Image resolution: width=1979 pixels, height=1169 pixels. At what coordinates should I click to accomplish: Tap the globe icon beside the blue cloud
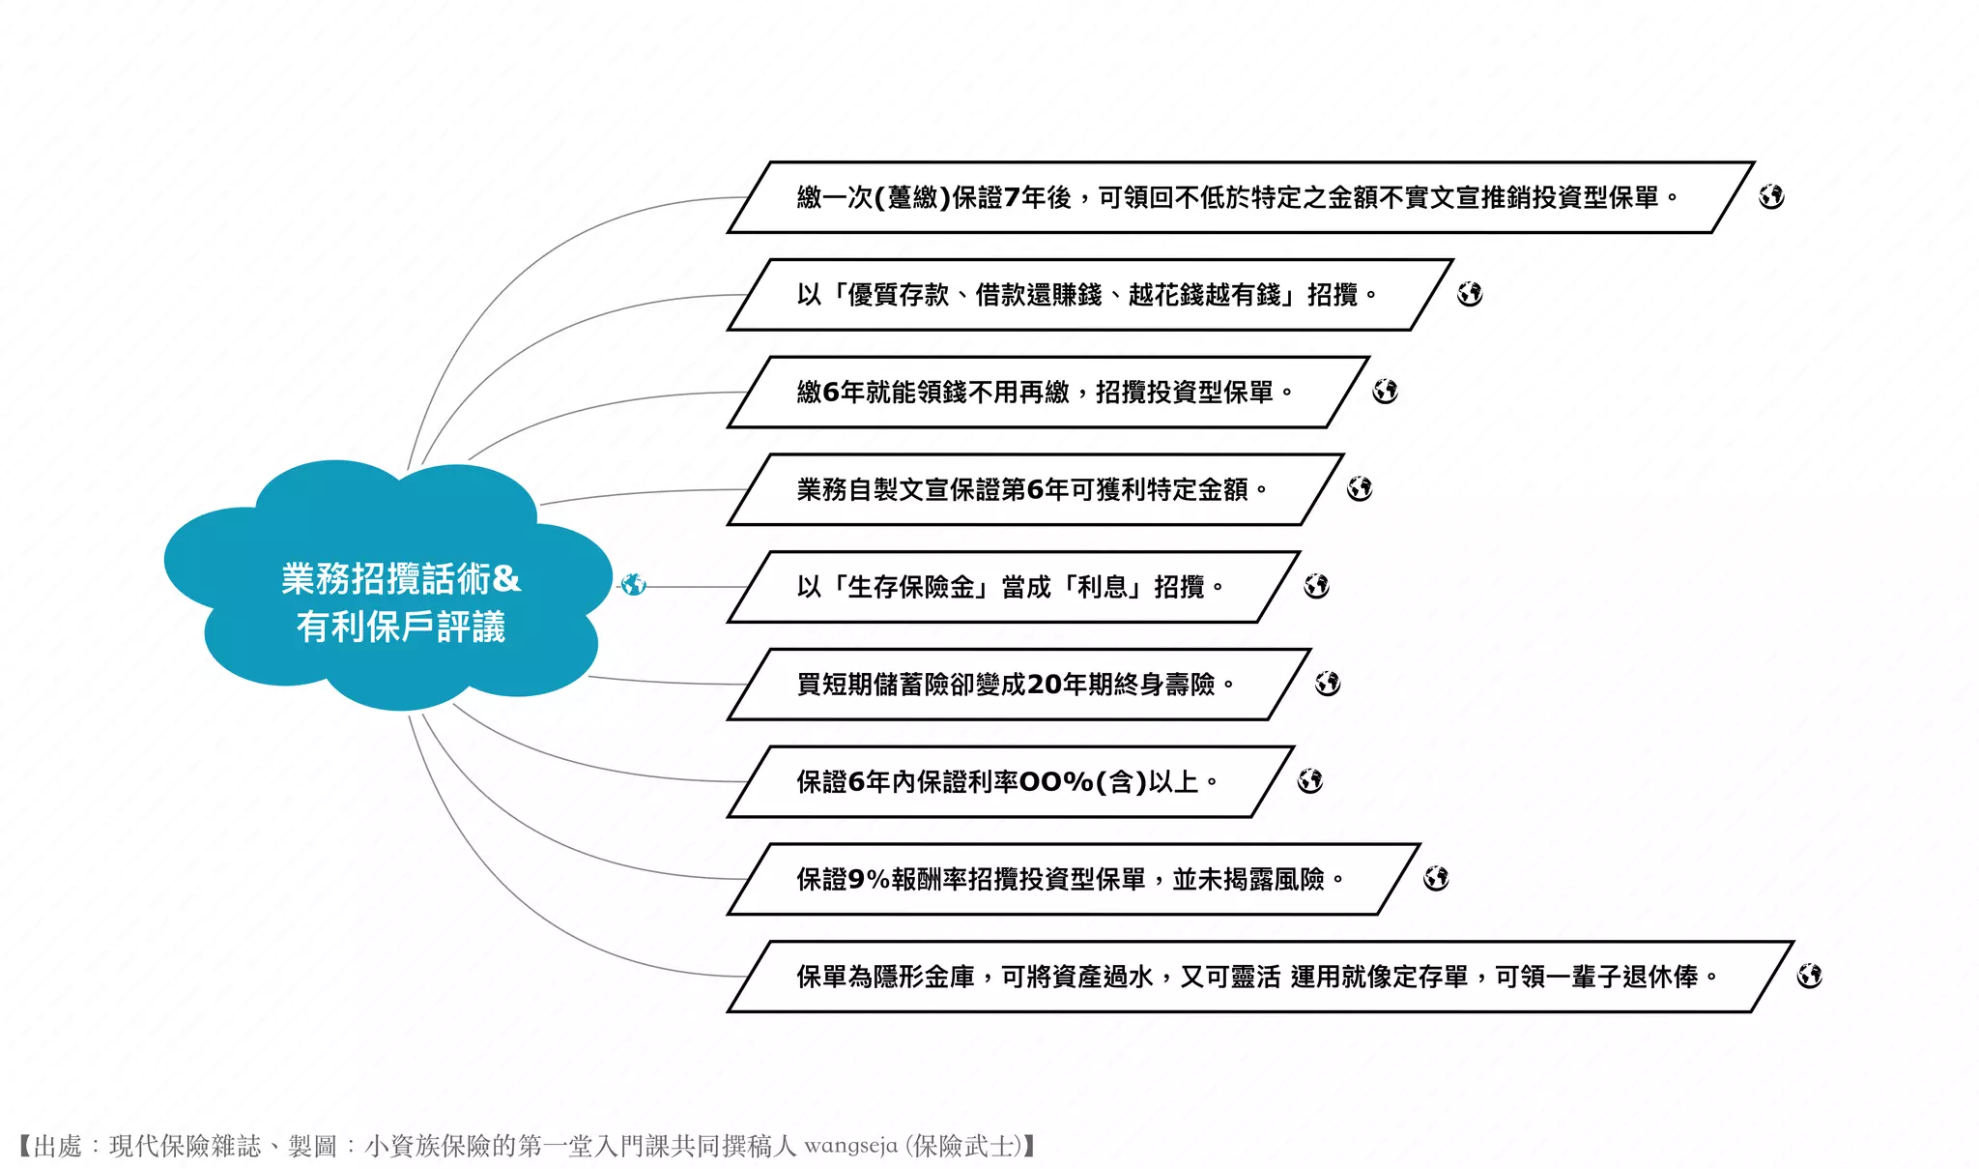point(633,585)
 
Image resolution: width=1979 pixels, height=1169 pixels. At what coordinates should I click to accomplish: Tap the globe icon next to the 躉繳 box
point(1771,196)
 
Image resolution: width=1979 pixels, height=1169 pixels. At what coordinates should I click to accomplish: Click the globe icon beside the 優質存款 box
point(1470,294)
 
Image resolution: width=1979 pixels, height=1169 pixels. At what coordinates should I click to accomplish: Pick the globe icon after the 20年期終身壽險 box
point(1328,684)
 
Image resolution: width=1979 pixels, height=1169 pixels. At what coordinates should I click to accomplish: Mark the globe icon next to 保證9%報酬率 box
point(1436,878)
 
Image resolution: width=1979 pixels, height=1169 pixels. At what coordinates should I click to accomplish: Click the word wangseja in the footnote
point(850,1147)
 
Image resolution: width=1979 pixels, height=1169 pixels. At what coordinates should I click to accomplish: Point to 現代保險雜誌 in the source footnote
point(185,1147)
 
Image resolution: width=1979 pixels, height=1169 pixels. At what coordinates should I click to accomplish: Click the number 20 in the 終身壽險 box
point(1044,685)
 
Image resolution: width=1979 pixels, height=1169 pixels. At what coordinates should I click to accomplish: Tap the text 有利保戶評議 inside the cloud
point(400,627)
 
